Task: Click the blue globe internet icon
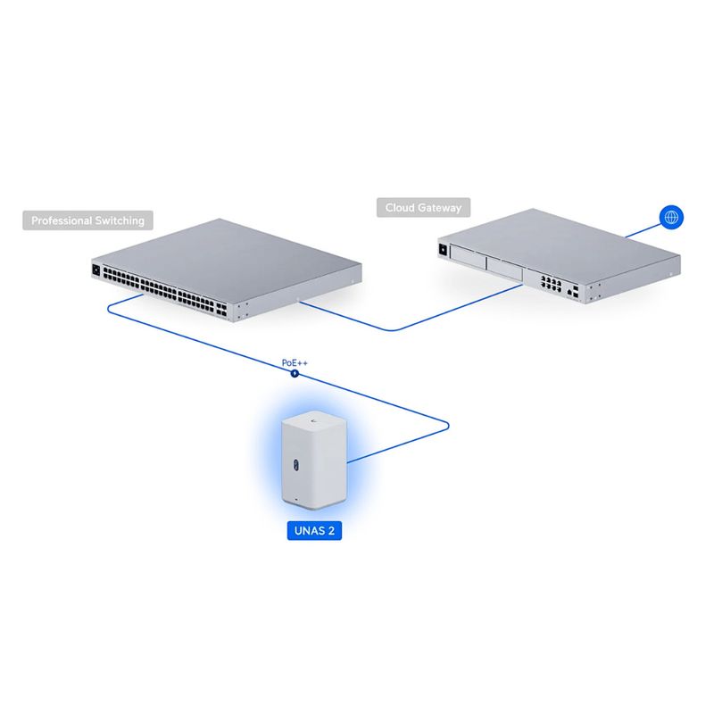coord(671,217)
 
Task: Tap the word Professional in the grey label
coord(62,220)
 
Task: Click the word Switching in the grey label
coord(120,221)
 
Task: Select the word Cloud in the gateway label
coord(399,208)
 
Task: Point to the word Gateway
coord(439,208)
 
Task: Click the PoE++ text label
coord(295,363)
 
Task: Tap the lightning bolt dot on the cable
coord(295,374)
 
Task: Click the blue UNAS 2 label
coord(314,530)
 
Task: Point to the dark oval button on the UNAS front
coord(295,464)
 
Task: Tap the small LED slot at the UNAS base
coord(297,500)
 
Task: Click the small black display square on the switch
coord(95,270)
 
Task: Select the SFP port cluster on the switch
coord(221,310)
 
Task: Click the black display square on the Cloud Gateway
coord(443,250)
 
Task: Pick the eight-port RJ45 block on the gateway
coord(551,283)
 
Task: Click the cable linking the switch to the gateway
coord(391,329)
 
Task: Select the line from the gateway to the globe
coord(643,230)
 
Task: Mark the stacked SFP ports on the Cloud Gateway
coord(576,292)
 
